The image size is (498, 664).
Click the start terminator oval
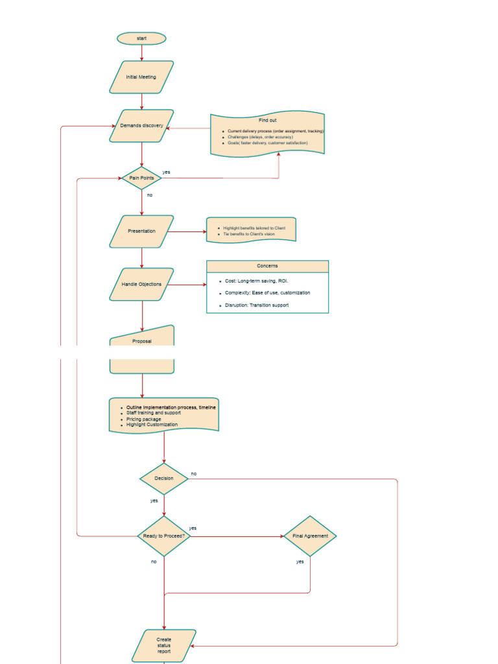point(141,38)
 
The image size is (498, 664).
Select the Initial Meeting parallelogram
point(141,77)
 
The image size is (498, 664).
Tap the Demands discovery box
point(141,126)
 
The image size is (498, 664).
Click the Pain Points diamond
point(141,178)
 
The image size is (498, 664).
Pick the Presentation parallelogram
point(141,231)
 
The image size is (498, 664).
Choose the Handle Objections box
point(141,284)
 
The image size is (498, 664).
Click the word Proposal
point(141,340)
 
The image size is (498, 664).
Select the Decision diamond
point(164,479)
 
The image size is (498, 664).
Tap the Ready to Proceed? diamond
point(164,536)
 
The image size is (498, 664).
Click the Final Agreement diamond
point(310,536)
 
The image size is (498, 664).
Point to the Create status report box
point(164,645)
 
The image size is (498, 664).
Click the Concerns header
point(267,266)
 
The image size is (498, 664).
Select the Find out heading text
point(267,121)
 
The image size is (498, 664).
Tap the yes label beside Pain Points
point(167,172)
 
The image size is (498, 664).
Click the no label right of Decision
point(193,474)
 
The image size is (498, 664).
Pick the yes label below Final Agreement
point(300,562)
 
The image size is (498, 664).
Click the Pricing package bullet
point(144,419)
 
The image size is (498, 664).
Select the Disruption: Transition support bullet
point(257,305)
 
